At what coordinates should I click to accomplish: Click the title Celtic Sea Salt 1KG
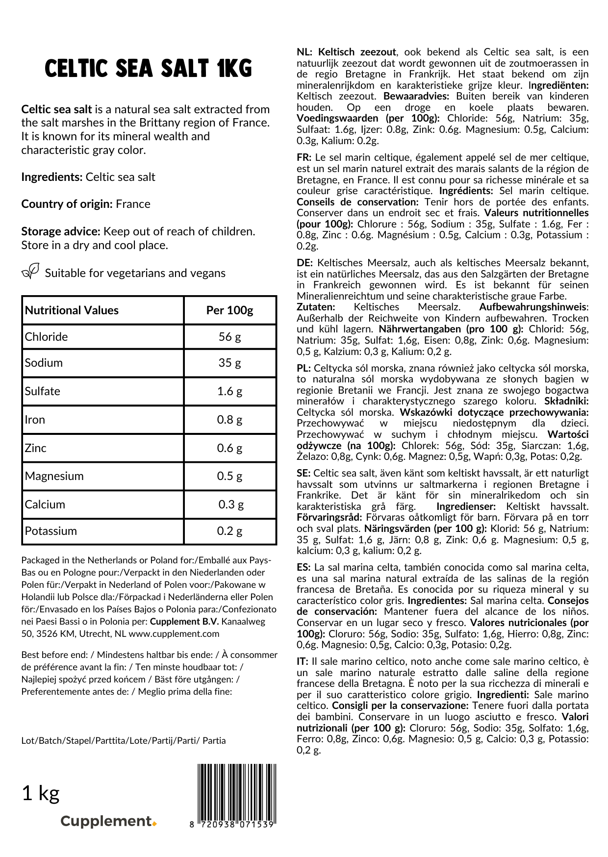[148, 69]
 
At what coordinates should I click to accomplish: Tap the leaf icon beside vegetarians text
[30, 271]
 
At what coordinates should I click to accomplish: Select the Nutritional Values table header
[72, 310]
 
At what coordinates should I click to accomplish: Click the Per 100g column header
[229, 310]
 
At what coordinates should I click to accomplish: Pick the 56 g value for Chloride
[229, 337]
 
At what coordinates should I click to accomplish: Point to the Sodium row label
[44, 363]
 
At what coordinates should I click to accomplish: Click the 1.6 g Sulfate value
[229, 391]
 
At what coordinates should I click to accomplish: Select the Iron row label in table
[35, 420]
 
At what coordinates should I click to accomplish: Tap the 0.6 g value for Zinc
[229, 448]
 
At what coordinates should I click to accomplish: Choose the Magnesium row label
[54, 476]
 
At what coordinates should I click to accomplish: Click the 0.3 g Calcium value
[231, 504]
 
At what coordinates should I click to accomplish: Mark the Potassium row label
[51, 531]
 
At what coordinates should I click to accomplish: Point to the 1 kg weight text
[41, 793]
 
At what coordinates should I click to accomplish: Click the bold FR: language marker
[304, 158]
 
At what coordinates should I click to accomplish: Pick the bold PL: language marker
[304, 368]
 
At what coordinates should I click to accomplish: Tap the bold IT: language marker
[303, 662]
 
